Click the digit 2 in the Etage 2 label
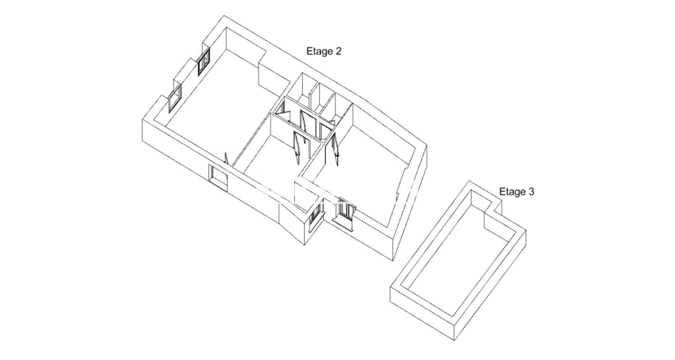click(338, 51)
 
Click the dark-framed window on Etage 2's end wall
click(204, 62)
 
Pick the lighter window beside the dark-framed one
click(174, 98)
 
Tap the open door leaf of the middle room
click(297, 147)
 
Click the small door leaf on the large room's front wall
click(226, 159)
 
